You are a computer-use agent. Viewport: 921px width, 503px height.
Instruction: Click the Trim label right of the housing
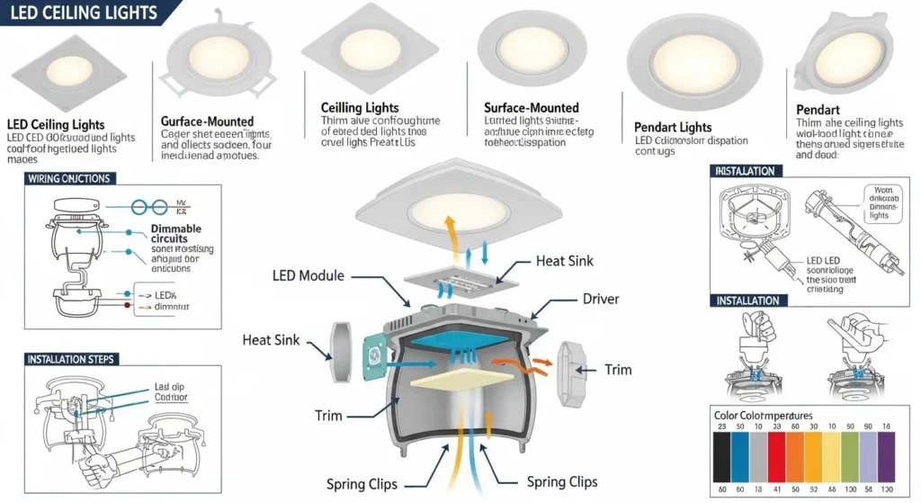[x=617, y=369]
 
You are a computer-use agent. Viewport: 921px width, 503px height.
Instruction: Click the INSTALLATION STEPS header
[x=72, y=359]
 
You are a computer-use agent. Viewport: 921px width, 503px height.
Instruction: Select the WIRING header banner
[x=69, y=178]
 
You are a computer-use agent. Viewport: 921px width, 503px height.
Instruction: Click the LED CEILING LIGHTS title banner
[x=81, y=13]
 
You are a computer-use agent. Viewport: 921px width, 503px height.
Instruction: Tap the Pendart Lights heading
[x=673, y=127]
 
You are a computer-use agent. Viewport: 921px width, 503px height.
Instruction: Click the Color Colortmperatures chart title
[x=762, y=416]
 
